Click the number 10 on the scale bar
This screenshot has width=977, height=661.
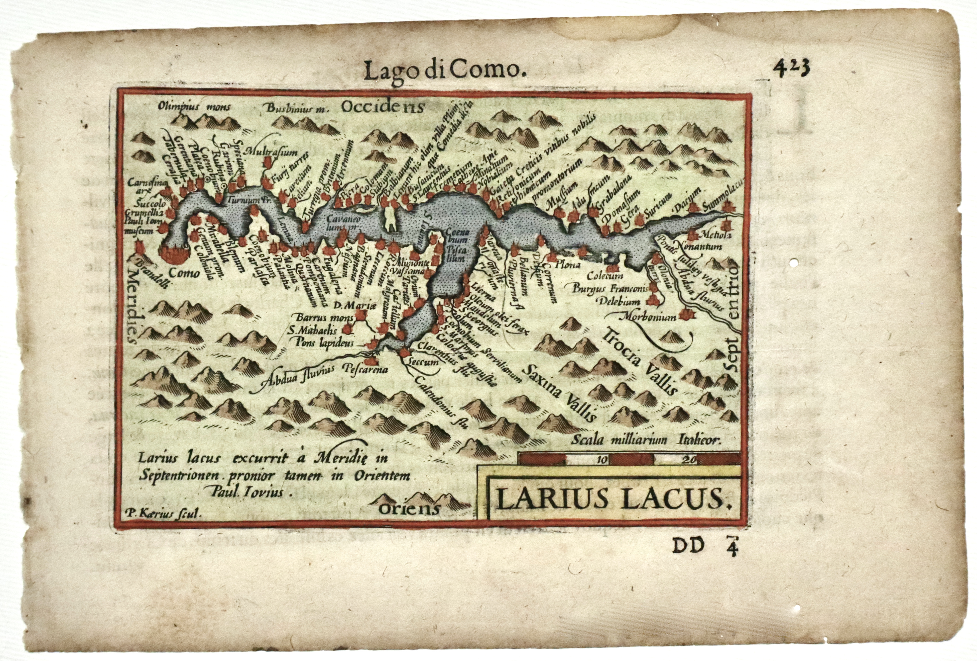pos(601,459)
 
